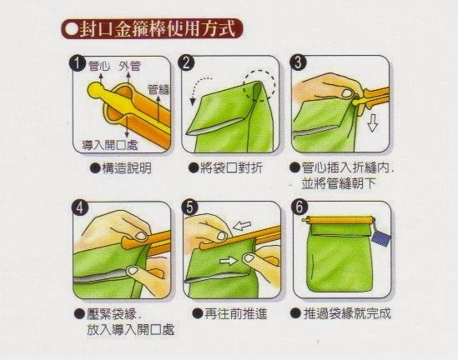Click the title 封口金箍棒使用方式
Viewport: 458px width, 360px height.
(x=158, y=29)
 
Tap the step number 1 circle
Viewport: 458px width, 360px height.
(x=78, y=63)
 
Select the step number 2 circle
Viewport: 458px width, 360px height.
(x=186, y=62)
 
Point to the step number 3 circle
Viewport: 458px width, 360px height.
(x=298, y=62)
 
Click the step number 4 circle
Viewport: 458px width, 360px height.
(x=80, y=207)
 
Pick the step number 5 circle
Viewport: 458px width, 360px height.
(x=190, y=207)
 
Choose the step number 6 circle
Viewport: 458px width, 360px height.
(x=299, y=207)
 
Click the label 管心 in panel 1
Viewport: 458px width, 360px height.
(x=99, y=66)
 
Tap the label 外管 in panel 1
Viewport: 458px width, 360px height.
(x=129, y=66)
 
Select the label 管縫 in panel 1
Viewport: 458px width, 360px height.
(x=159, y=89)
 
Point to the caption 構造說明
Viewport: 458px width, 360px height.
(x=127, y=168)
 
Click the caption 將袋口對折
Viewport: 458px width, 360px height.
(x=231, y=168)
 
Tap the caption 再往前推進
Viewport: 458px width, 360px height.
(x=235, y=314)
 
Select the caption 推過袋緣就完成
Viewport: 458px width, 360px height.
(x=347, y=313)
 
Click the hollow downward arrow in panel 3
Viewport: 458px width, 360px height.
(x=372, y=122)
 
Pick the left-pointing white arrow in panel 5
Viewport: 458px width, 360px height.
(x=242, y=226)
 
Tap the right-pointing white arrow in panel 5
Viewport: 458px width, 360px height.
(x=229, y=261)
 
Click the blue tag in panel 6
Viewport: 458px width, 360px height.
(x=381, y=237)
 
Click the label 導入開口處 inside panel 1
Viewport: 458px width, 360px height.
(x=110, y=145)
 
